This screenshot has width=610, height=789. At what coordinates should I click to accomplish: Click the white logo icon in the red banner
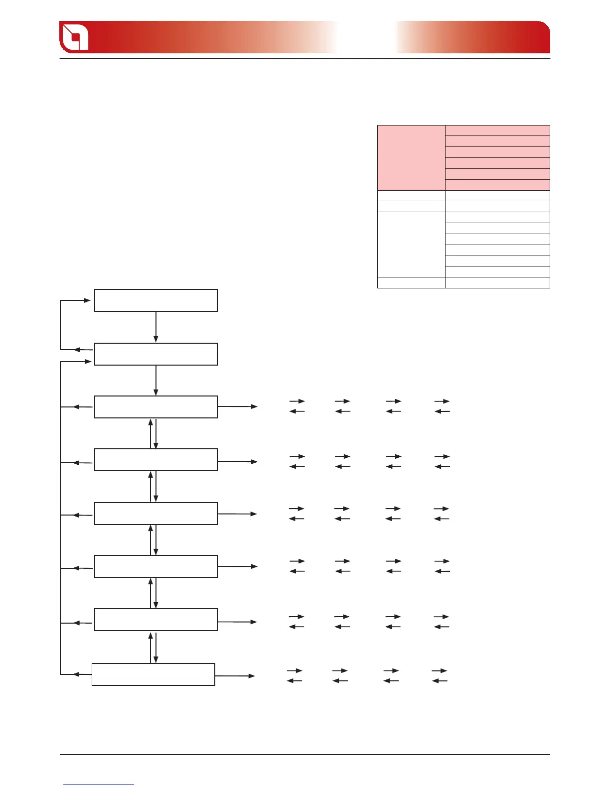74,37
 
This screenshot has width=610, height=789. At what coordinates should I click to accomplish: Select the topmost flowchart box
156,300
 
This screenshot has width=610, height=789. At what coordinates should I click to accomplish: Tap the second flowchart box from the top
156,354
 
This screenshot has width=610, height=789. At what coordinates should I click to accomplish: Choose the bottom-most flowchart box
153,674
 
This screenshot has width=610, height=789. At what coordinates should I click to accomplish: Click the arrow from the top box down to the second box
156,327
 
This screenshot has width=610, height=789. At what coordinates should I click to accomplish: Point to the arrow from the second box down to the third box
156,381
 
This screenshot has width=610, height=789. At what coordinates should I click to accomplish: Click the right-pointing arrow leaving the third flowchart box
238,406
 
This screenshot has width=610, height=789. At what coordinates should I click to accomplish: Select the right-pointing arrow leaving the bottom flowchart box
235,676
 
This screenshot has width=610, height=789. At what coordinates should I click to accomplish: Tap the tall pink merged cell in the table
411,158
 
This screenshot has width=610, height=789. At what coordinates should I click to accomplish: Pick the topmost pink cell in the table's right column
497,131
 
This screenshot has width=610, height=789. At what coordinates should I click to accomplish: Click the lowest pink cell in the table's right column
497,185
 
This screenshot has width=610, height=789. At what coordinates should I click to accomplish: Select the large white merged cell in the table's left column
411,245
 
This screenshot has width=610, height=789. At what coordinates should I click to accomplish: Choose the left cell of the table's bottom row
411,282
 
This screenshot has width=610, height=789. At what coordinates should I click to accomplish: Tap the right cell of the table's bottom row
497,282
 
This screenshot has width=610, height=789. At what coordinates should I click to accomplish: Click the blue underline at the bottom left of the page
99,785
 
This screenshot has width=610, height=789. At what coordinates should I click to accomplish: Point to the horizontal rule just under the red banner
305,59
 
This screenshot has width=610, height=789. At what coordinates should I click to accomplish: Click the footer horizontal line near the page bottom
305,755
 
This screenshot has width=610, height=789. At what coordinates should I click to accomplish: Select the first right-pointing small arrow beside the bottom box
295,671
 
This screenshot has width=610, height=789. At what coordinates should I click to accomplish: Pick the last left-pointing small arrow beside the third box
443,411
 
